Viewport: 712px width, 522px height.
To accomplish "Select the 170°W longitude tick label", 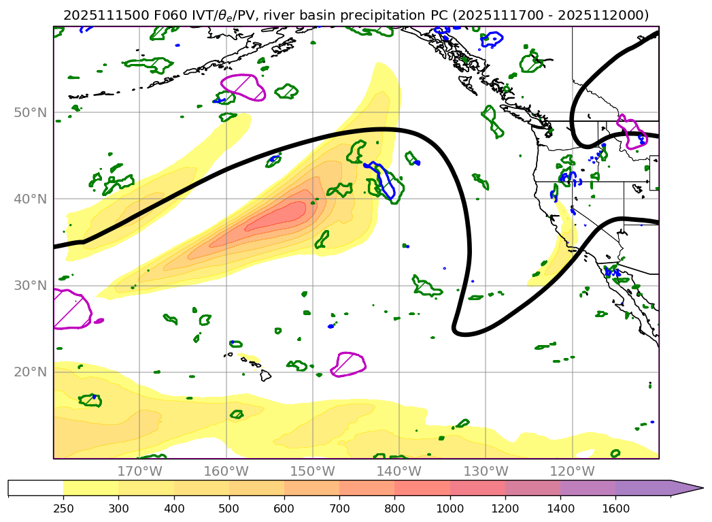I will point(139,472).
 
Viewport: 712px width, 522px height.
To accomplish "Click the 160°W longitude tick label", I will point(226,472).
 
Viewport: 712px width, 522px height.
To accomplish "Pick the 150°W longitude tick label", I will point(312,472).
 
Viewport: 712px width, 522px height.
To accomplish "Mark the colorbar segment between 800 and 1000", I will point(422,488).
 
